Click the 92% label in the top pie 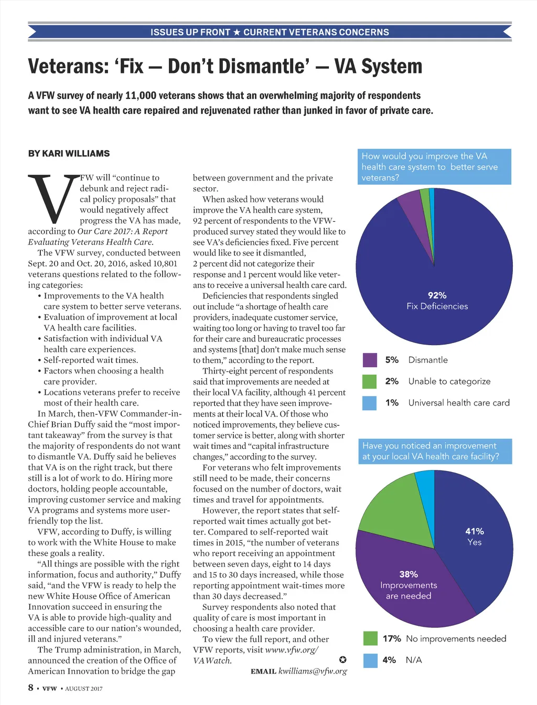point(437,295)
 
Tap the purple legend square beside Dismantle point(370,360)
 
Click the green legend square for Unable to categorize point(370,381)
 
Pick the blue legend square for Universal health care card point(370,403)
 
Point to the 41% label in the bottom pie point(475,531)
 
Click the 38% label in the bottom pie point(409,574)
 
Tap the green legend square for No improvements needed point(370,638)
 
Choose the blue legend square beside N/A point(370,660)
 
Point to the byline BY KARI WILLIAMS point(69,153)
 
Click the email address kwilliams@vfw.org point(313,671)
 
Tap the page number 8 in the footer point(31,687)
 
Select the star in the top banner point(237,32)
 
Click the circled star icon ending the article point(342,659)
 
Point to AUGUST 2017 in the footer point(84,688)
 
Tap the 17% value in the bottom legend point(391,638)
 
